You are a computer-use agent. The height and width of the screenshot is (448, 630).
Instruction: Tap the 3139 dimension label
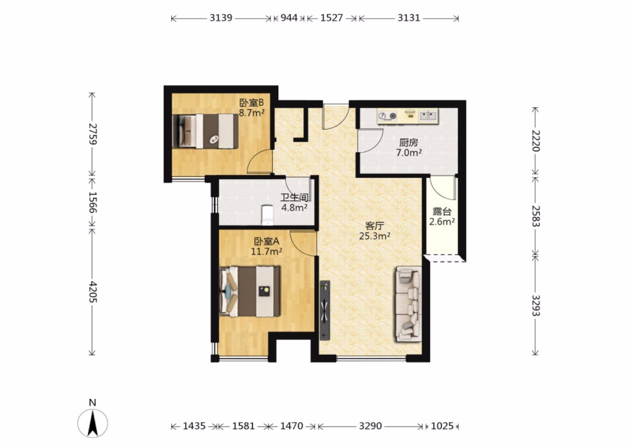pos(221,18)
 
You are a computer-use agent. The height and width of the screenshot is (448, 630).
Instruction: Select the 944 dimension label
pos(289,18)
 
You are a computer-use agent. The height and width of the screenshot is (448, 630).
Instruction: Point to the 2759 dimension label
pos(92,134)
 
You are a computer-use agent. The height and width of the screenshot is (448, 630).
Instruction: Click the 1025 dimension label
pos(442,426)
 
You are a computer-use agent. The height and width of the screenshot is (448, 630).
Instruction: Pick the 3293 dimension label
pos(536,305)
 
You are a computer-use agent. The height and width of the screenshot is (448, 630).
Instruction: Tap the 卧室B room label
pos(251,102)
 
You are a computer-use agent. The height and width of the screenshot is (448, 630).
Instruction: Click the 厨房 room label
pos(408,143)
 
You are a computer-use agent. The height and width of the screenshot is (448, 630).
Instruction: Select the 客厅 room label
pos(374,226)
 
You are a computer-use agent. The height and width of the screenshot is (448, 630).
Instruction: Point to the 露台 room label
pos(442,211)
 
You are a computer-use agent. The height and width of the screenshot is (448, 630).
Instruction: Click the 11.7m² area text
pos(266,251)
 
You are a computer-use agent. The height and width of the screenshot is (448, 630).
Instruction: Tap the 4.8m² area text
pos(294,208)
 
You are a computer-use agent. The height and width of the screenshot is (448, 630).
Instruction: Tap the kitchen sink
pos(428,115)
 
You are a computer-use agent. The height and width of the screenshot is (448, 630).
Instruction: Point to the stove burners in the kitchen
pos(387,116)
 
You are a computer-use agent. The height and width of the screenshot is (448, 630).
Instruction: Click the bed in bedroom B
pos(205,131)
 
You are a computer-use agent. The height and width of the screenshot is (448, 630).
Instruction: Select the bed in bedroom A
pos(250,292)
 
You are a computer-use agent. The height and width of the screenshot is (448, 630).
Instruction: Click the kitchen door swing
pos(372,140)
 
